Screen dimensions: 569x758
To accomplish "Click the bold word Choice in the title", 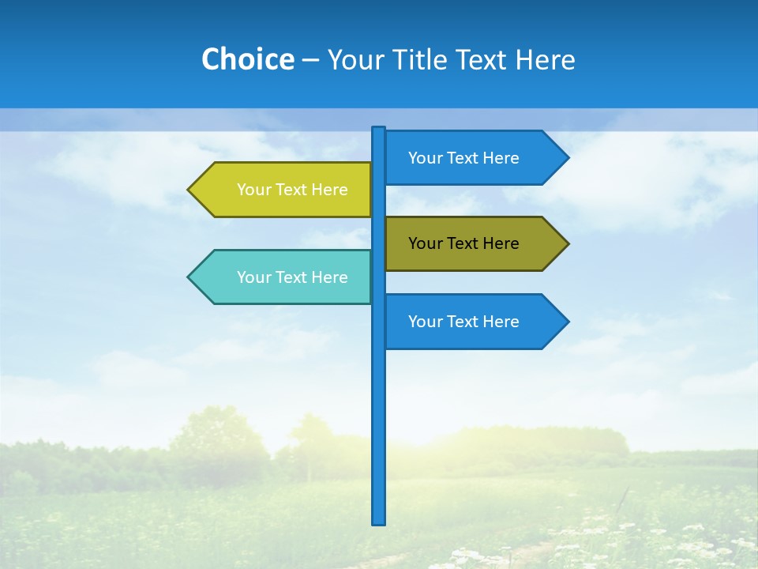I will pos(247,59).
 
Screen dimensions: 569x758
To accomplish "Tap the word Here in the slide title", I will pos(544,59).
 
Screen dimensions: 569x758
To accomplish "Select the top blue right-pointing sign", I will pos(474,158).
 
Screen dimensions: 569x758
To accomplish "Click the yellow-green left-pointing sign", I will pos(284,190).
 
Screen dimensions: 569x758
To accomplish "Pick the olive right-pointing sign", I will pos(474,243).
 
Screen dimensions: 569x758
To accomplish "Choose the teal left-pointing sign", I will pos(284,277).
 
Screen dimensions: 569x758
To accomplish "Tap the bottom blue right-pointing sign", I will pos(474,322).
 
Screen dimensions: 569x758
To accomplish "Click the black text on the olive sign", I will pos(463,243).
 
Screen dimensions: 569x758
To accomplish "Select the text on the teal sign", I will pos(292,277).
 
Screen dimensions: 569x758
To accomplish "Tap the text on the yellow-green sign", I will pos(292,190).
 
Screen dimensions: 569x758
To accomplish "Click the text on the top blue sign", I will pos(463,158).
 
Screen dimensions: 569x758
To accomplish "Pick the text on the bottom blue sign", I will pos(463,322).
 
